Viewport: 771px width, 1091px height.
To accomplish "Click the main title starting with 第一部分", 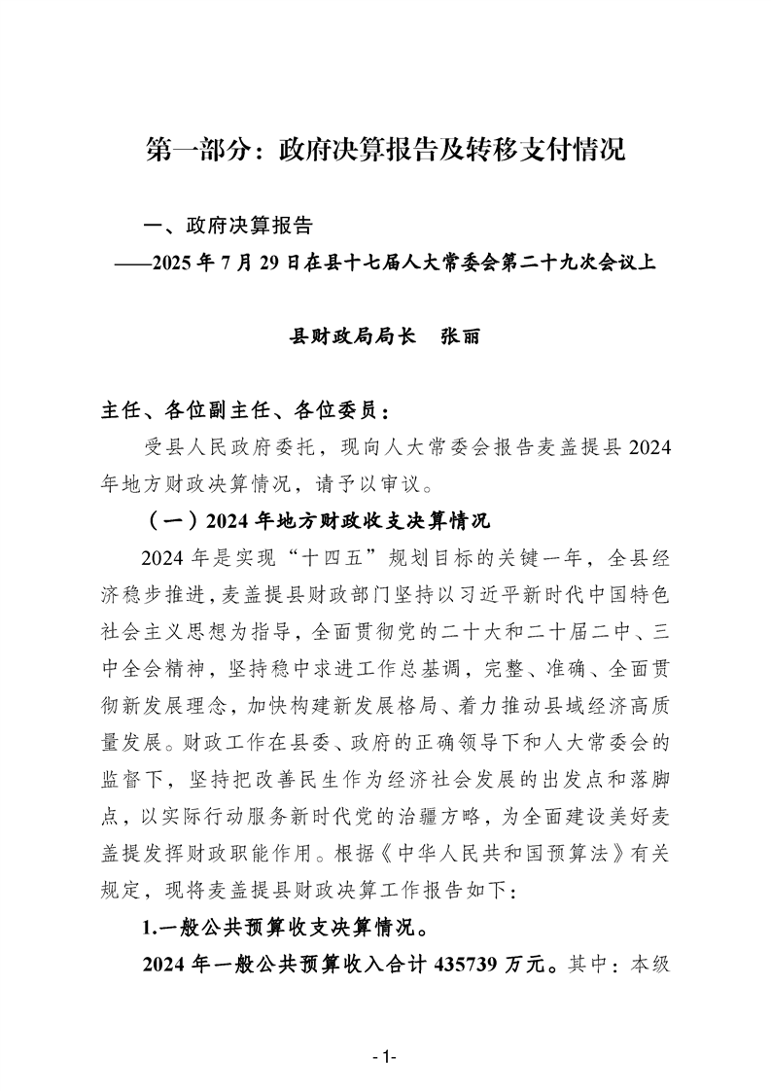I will click(385, 150).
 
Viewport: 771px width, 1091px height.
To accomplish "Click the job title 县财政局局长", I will click(354, 336).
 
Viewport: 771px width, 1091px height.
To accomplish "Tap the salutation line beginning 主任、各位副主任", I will click(249, 405).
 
